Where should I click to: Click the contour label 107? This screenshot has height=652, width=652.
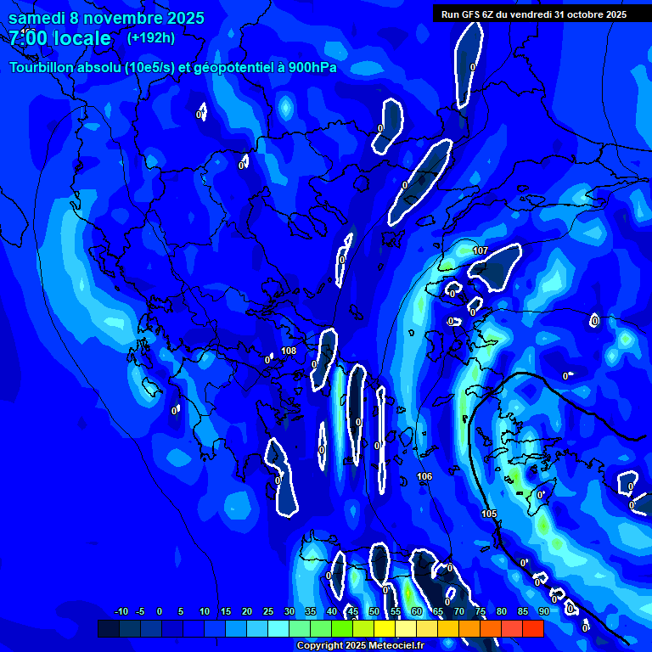481,250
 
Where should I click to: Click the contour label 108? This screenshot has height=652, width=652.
289,351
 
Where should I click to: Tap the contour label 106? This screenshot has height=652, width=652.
424,476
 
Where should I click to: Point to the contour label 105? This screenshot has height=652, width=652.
489,514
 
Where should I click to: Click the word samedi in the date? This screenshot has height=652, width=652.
39,18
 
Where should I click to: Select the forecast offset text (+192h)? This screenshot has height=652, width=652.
150,37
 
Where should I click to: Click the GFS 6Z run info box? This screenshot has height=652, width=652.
533,14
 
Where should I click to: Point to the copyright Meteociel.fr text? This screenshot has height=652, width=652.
360,645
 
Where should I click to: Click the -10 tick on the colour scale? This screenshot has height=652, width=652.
121,611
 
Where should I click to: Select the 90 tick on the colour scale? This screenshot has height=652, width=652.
543,611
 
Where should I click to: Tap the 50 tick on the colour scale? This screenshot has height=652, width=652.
374,611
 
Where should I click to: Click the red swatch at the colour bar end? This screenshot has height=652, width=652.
533,628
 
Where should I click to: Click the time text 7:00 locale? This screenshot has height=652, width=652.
59,38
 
